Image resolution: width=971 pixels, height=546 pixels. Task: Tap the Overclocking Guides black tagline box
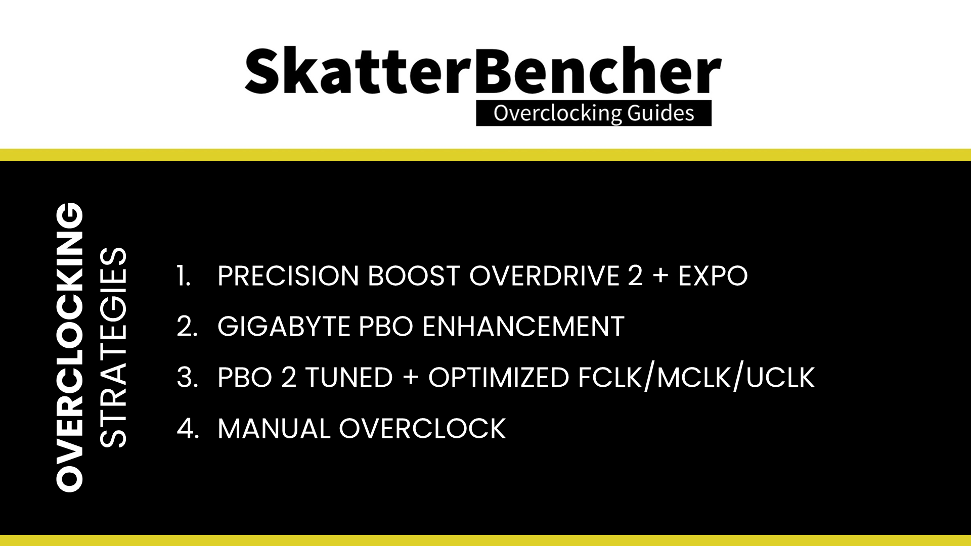(x=594, y=113)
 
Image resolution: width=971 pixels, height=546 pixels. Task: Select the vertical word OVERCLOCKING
(x=69, y=347)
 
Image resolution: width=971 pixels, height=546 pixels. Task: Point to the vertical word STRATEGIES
(x=112, y=347)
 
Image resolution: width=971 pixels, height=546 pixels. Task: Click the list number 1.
(x=184, y=276)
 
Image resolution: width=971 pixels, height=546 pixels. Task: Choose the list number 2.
(x=187, y=327)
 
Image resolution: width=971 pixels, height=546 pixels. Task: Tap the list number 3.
(x=187, y=378)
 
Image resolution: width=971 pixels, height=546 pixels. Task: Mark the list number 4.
(x=188, y=429)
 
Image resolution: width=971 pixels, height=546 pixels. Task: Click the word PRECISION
(x=288, y=276)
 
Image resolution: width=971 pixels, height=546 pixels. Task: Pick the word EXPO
(x=713, y=276)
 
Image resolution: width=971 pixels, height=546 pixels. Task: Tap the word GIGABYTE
(x=284, y=327)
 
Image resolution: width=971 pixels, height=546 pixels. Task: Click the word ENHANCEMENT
(x=523, y=327)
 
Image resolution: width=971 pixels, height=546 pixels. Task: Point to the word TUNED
(x=349, y=378)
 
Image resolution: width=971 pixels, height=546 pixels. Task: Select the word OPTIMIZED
(x=499, y=378)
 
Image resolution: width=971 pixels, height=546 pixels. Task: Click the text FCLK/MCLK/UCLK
(x=696, y=378)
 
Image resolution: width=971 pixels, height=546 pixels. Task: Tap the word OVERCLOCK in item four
(x=422, y=429)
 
